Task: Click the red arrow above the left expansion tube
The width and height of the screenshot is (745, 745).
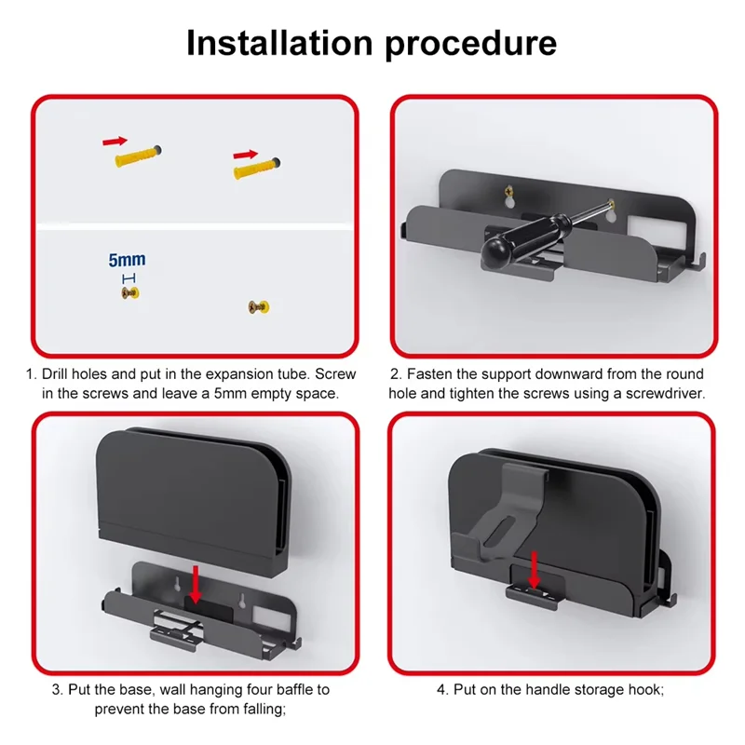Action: pyautogui.click(x=115, y=141)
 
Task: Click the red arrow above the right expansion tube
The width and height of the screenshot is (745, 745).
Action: pyautogui.click(x=246, y=154)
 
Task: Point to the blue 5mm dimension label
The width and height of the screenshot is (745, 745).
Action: pyautogui.click(x=128, y=261)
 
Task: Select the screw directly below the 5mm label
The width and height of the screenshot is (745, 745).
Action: pyautogui.click(x=129, y=293)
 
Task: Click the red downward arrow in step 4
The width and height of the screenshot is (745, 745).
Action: pyautogui.click(x=535, y=568)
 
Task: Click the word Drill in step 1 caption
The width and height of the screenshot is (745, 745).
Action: pyautogui.click(x=58, y=373)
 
